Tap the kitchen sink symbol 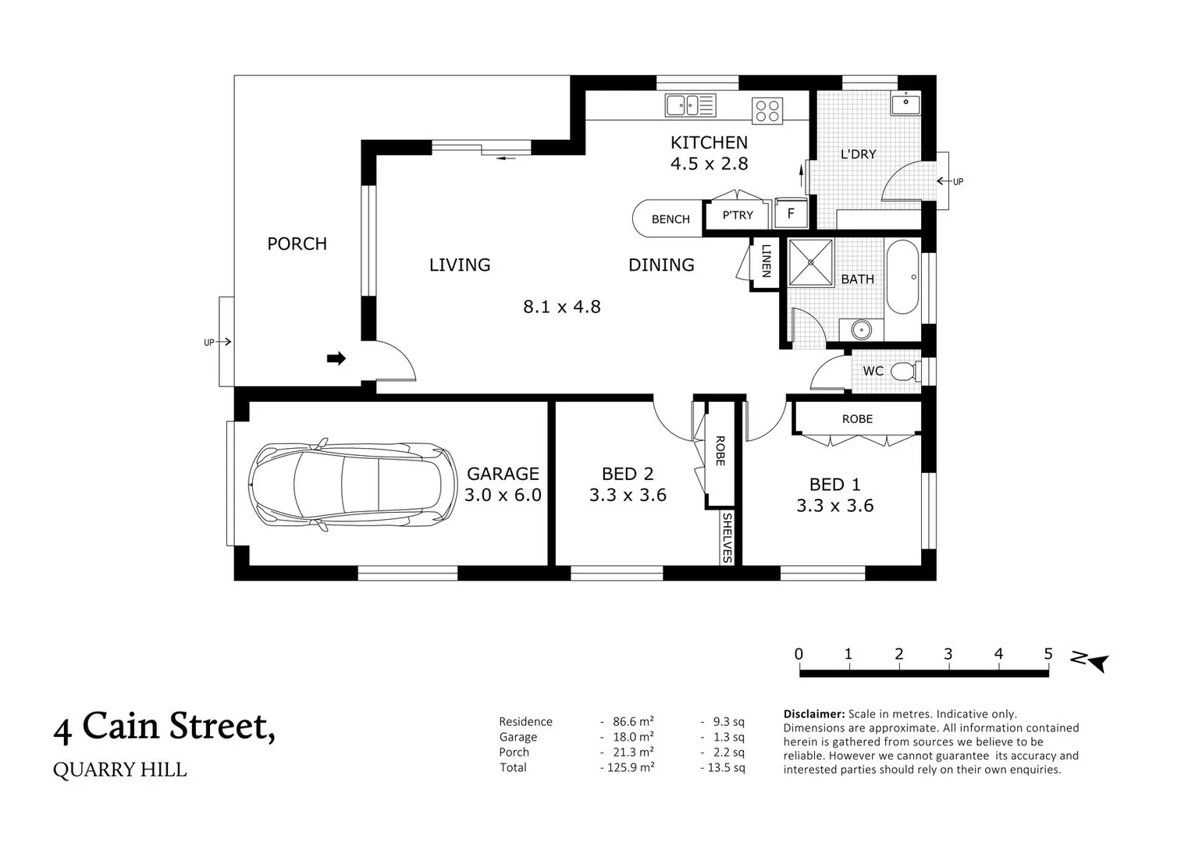pyautogui.click(x=690, y=105)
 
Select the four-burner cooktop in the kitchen pyautogui.click(x=767, y=110)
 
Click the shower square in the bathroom pyautogui.click(x=810, y=262)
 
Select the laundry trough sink pyautogui.click(x=905, y=102)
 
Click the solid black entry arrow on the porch pyautogui.click(x=336, y=358)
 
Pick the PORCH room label pyautogui.click(x=297, y=244)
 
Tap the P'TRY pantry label pyautogui.click(x=738, y=215)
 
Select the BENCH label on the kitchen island pyautogui.click(x=671, y=219)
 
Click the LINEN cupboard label pyautogui.click(x=766, y=261)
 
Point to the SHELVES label pyautogui.click(x=727, y=537)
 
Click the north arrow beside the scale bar pyautogui.click(x=1091, y=661)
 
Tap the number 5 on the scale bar pyautogui.click(x=1048, y=654)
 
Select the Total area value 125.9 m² pyautogui.click(x=629, y=767)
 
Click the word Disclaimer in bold pyautogui.click(x=813, y=713)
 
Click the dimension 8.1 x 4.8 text pyautogui.click(x=561, y=307)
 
